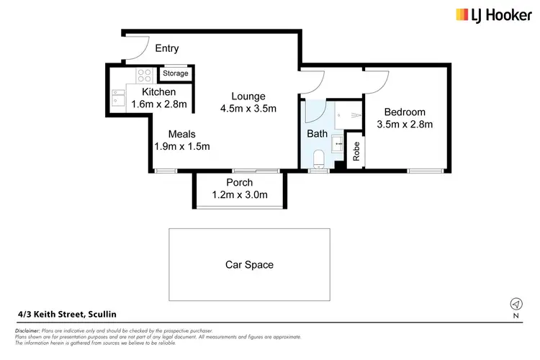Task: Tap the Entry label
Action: click(x=167, y=49)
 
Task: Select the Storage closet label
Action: click(x=175, y=73)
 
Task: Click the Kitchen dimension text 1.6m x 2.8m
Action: click(x=159, y=104)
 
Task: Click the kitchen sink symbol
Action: click(x=119, y=97)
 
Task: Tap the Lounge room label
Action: click(x=248, y=96)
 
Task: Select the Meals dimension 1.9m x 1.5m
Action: click(x=181, y=147)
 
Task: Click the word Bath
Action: click(x=317, y=133)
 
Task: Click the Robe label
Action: click(x=356, y=152)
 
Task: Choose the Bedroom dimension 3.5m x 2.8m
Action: click(x=404, y=125)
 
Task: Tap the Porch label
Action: click(x=239, y=182)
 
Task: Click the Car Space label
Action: click(x=249, y=264)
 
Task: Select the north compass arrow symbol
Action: click(x=516, y=303)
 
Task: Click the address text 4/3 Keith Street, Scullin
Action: click(x=66, y=314)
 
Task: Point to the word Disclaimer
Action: click(x=30, y=330)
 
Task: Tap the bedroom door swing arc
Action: click(x=379, y=81)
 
